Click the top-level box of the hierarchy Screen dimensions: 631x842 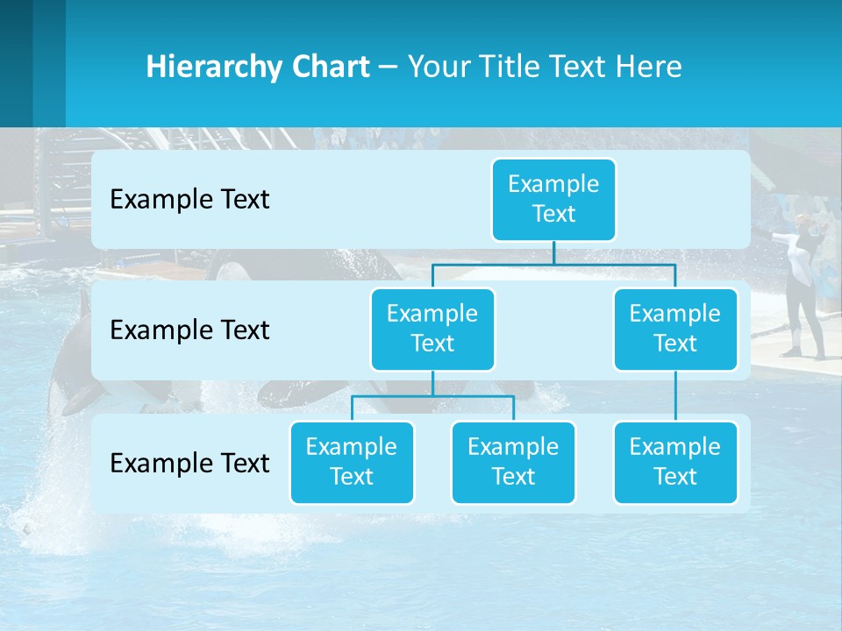pos(553,199)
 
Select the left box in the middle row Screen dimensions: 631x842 pos(432,329)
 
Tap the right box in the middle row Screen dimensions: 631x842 pos(675,329)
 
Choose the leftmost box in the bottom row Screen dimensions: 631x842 pos(352,462)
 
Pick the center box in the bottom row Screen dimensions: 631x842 pos(513,462)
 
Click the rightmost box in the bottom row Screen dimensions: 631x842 pos(675,462)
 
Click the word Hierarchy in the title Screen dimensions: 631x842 pos(212,67)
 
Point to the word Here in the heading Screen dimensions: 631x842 pos(649,67)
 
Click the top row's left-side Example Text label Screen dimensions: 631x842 pos(189,199)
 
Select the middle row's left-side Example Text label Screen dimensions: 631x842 pos(189,330)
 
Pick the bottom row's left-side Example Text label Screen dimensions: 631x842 pos(189,463)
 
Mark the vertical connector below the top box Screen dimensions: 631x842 pos(553,252)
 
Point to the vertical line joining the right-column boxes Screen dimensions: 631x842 pos(675,396)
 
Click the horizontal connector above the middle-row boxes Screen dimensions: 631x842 pos(553,264)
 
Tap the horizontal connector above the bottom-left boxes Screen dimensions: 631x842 pos(432,396)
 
